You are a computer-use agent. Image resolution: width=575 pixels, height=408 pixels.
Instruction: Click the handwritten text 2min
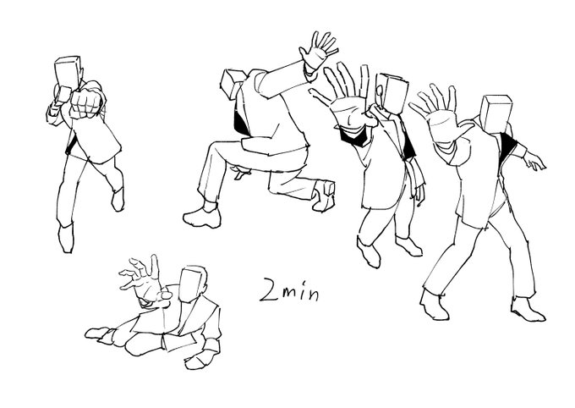pos(289,289)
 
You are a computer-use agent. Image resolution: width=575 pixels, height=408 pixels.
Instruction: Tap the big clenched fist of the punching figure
pos(86,102)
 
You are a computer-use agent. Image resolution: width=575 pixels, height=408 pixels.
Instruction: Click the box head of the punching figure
pos(67,73)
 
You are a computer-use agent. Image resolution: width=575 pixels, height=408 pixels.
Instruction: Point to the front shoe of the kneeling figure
pos(202,218)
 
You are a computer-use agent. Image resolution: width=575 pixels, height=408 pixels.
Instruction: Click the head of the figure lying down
pos(194,284)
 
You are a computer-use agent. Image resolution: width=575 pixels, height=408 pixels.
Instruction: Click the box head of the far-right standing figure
pos(496,113)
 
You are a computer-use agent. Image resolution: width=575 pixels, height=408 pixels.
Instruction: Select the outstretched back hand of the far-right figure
pos(534,161)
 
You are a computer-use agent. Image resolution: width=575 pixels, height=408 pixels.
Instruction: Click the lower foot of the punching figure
pos(66,238)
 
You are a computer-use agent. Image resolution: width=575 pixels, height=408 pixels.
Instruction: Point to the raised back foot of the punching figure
pos(118,200)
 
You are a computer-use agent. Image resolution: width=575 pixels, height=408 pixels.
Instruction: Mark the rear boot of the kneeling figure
pos(324,196)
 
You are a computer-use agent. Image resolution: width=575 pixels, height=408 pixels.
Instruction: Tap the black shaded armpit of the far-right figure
pos(509,147)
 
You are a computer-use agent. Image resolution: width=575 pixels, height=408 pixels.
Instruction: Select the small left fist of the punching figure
pos(63,94)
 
